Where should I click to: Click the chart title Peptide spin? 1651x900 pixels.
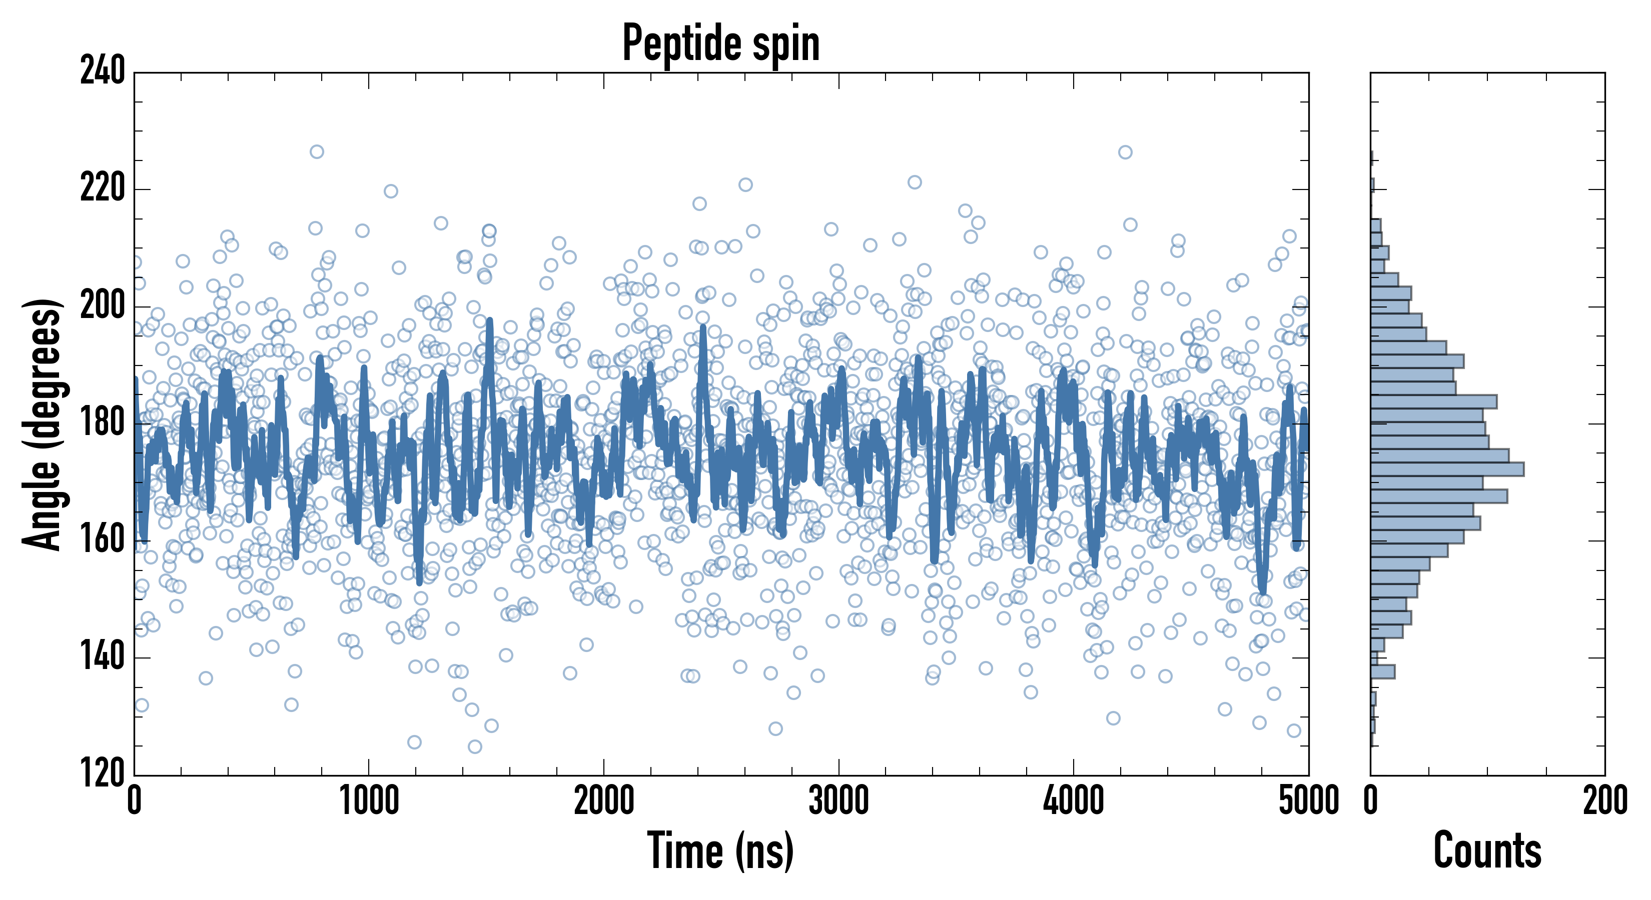point(721,43)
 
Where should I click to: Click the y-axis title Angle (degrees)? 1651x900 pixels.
point(43,424)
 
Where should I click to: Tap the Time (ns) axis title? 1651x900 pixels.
point(721,850)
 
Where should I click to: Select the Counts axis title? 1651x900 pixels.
point(1487,850)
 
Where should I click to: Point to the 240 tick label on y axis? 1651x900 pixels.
point(103,71)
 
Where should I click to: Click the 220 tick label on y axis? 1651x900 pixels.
point(103,189)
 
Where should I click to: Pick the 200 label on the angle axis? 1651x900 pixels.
point(103,306)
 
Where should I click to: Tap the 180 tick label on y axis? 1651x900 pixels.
point(103,423)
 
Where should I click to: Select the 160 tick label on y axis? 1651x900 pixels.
point(103,540)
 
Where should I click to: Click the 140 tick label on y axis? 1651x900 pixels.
point(103,658)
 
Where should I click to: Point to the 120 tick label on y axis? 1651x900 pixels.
point(103,774)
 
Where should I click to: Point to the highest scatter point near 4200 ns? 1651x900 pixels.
point(1125,152)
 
